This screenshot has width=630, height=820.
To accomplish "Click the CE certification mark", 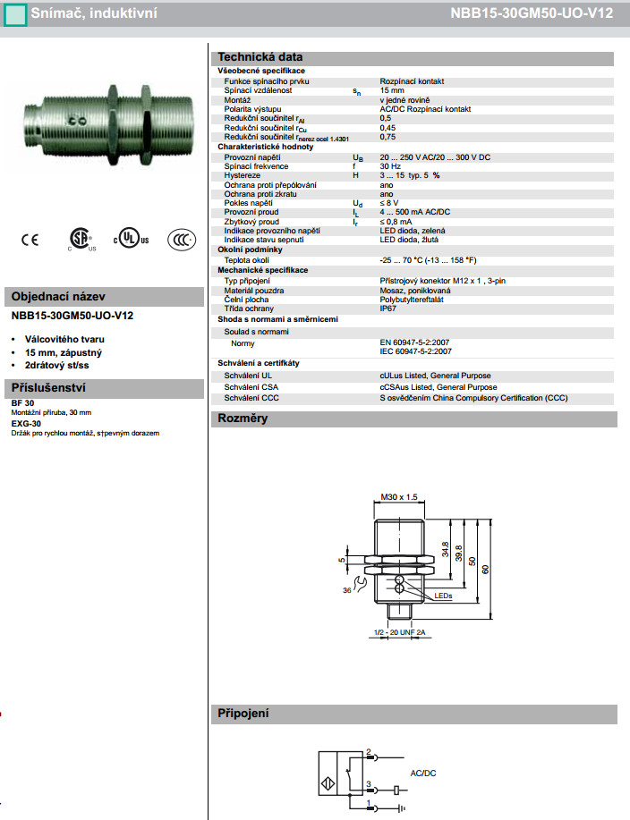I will pos(30,239).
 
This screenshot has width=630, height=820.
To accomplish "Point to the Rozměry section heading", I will pos(243,418).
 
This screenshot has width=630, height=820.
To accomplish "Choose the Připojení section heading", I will pos(244,714).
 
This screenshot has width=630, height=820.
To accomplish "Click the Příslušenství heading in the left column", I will pos(54,388).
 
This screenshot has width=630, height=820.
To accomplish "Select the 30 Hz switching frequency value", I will pos(390,165).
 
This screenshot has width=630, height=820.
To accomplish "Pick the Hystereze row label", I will pos(243,175).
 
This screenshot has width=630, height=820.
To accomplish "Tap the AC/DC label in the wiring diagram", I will pos(422,772).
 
